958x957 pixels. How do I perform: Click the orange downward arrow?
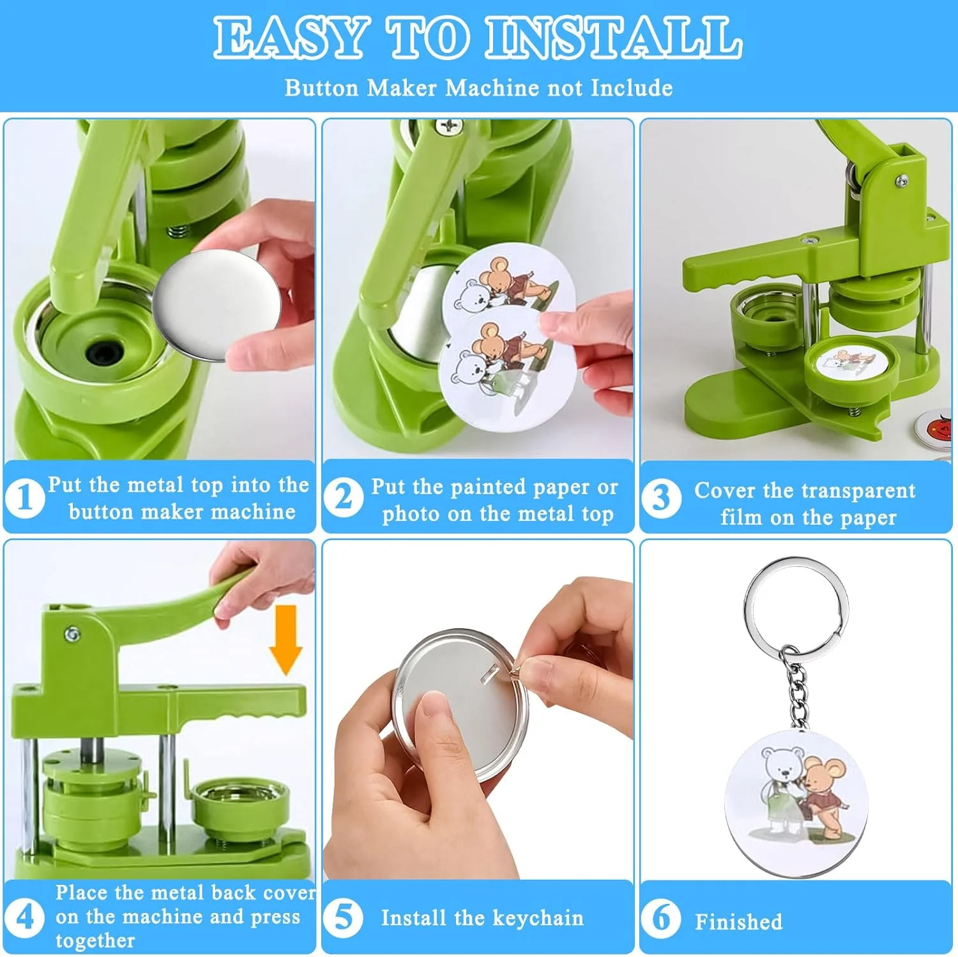[x=285, y=639]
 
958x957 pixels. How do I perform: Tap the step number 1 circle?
[x=25, y=498]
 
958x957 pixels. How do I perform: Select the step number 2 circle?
[x=343, y=497]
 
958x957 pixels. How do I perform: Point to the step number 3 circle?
[x=661, y=498]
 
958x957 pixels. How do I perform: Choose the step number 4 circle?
[x=24, y=917]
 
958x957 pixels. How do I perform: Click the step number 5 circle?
[x=343, y=917]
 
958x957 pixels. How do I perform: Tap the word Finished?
[x=738, y=921]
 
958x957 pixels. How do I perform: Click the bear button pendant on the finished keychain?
[x=796, y=804]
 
